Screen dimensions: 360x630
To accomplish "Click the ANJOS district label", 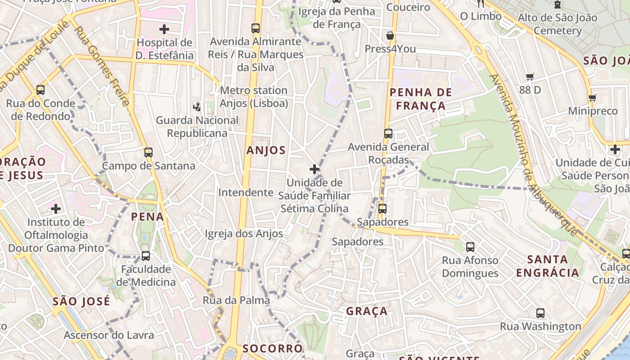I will [265, 150].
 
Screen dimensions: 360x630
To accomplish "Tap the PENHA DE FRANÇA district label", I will [417, 99].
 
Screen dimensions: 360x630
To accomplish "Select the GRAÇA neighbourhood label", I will [367, 311].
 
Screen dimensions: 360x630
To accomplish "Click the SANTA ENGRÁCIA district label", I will [547, 266].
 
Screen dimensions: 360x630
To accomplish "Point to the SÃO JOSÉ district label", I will [81, 301].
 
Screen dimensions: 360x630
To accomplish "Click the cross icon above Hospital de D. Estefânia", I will [164, 30].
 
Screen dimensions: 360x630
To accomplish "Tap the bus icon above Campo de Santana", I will [148, 152].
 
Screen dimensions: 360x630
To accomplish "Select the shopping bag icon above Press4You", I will [390, 36].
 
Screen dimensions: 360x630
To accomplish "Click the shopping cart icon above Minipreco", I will [593, 98].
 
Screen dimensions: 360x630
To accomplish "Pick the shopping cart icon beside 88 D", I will [530, 77].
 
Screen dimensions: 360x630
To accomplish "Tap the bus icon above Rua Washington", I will [540, 313].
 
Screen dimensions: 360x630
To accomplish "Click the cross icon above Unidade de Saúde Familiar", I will [315, 170].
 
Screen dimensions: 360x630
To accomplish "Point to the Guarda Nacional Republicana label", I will [197, 127].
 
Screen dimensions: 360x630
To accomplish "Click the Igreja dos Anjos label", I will [244, 234].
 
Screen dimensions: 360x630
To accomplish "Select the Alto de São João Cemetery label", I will [558, 24].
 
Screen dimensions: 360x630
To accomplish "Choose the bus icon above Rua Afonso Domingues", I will [470, 247].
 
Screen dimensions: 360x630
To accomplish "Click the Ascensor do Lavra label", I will [108, 335].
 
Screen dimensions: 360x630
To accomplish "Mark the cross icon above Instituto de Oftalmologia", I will [56, 209].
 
